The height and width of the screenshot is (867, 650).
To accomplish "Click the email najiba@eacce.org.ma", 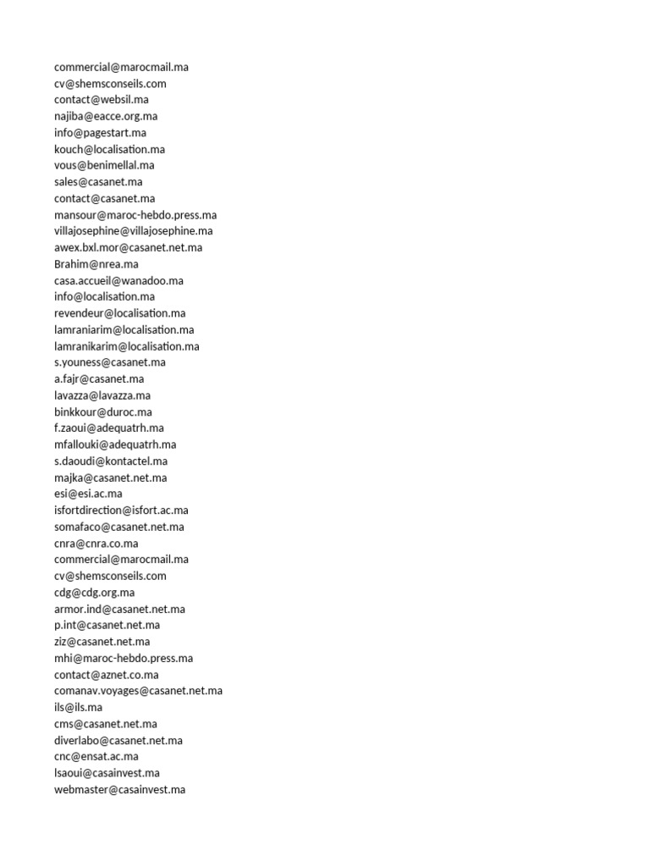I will (106, 116).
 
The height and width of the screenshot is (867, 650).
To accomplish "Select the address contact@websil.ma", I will (102, 100).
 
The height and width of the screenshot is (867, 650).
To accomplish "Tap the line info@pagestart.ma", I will (100, 133).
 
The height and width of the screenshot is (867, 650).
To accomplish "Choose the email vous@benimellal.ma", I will (104, 165).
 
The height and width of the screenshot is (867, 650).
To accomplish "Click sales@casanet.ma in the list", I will (98, 182).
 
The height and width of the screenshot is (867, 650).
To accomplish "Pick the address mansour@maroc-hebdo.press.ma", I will (135, 215).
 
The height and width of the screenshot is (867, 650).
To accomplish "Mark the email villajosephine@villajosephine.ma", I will (134, 231).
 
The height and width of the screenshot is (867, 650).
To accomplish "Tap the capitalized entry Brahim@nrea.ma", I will (96, 264).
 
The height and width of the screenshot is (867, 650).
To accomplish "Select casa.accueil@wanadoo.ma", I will (118, 280).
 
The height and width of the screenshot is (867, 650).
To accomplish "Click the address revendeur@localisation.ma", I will (120, 313).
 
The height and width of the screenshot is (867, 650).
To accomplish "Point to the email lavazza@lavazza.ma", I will (102, 395).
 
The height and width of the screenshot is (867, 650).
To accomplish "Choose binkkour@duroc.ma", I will (103, 411).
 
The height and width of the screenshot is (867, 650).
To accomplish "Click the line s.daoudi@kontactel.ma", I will (111, 461).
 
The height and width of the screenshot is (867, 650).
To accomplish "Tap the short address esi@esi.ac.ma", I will (88, 494).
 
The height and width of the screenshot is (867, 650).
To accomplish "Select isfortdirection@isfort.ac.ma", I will (121, 511).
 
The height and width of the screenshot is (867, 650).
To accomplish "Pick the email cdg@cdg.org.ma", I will (94, 593).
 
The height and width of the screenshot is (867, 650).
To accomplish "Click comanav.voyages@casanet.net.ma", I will (139, 691).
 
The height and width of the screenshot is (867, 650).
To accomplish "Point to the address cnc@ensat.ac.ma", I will (96, 757).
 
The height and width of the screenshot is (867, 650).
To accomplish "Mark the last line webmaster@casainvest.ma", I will (119, 790).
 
